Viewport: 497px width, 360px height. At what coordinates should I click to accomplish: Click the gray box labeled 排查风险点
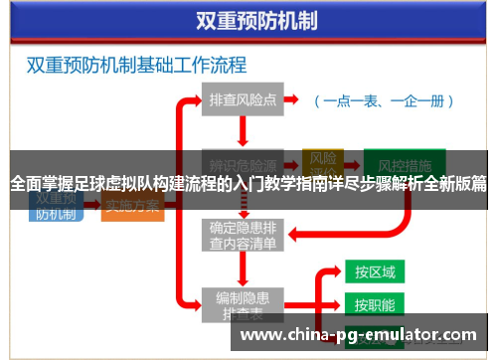click(x=243, y=100)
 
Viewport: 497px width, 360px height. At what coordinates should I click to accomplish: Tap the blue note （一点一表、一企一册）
click(x=383, y=100)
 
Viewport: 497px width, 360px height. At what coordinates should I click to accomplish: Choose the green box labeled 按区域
click(x=375, y=271)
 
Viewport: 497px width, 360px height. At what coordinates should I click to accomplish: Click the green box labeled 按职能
click(x=375, y=304)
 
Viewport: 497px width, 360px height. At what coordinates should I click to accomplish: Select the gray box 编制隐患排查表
click(x=243, y=303)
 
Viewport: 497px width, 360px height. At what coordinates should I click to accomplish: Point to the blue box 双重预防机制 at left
click(x=56, y=204)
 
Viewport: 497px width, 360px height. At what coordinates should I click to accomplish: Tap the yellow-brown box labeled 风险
click(x=323, y=159)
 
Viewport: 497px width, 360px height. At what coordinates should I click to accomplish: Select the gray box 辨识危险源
click(x=243, y=163)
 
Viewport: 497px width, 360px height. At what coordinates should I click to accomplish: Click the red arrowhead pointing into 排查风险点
click(x=198, y=100)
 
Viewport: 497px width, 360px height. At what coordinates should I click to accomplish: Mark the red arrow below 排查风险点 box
click(x=243, y=132)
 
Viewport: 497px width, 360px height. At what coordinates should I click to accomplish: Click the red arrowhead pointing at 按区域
click(x=338, y=271)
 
